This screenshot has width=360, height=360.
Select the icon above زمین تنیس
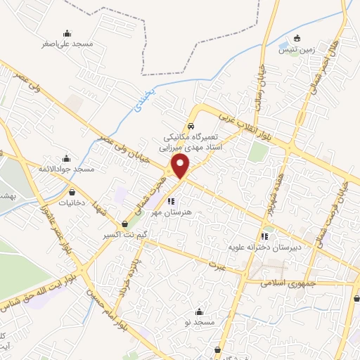pyautogui.click(x=297, y=38)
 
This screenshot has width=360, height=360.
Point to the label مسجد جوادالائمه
pyautogui.click(x=67, y=169)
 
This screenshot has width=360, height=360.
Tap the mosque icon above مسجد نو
pyautogui.click(x=199, y=311)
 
